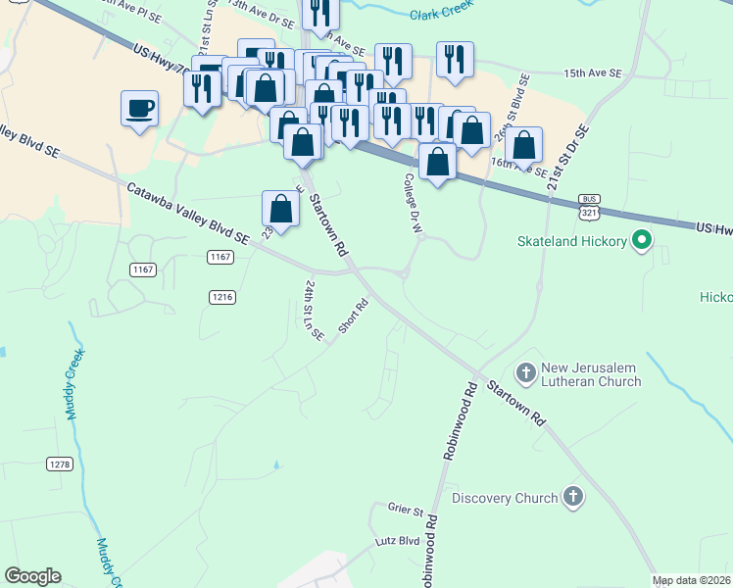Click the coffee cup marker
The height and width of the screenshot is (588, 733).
139,107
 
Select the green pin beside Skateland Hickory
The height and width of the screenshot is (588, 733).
642,240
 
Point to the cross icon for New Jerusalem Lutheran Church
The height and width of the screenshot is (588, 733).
526,372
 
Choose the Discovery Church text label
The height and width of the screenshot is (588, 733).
504,498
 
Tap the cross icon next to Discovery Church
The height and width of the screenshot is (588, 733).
573,498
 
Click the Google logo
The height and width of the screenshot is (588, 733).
32,576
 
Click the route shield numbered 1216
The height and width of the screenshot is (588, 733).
220,296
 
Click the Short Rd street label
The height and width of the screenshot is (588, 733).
353,316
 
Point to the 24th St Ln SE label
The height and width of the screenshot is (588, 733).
313,310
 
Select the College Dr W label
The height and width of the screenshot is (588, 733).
413,203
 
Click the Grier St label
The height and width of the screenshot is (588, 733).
405,510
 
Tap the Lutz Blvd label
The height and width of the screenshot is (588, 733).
396,540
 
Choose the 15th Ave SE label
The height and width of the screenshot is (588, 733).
593,73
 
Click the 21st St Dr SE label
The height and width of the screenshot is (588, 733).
567,158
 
